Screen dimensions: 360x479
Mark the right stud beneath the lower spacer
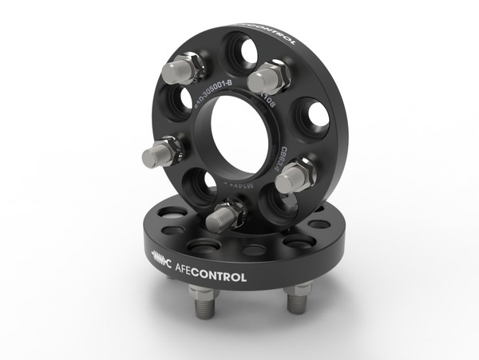click(x=297, y=303)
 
